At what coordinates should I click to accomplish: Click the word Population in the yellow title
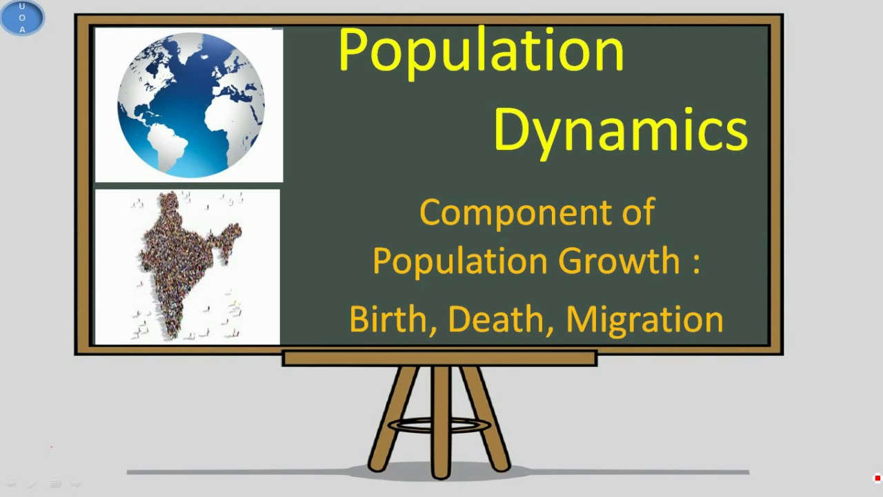click(481, 51)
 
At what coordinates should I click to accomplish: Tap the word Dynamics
click(620, 129)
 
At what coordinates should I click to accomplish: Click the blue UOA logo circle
click(22, 18)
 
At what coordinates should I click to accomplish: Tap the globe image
click(190, 104)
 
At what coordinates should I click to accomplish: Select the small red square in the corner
click(877, 478)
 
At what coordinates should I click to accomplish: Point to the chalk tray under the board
click(439, 358)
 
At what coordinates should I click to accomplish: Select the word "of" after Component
click(636, 212)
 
